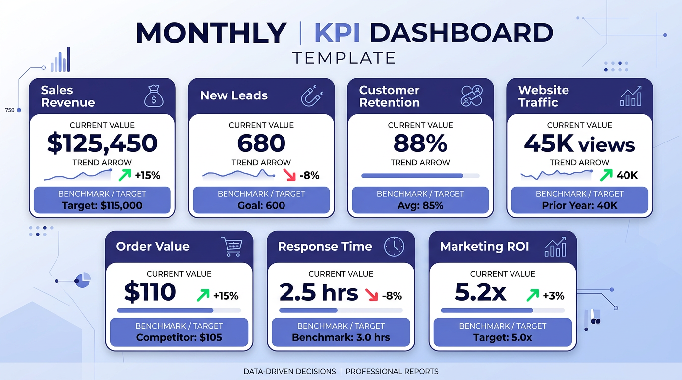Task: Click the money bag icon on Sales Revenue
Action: tap(154, 96)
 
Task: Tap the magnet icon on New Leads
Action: tap(312, 96)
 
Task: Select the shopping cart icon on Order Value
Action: tap(231, 246)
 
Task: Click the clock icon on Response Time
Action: tap(394, 246)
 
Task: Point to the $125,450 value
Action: tap(102, 143)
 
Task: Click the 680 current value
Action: tap(261, 143)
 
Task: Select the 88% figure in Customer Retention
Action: tap(420, 143)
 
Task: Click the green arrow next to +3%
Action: tap(532, 296)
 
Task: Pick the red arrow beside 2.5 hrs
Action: tap(371, 295)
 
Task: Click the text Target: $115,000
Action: tap(102, 205)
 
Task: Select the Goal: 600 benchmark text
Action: tap(261, 205)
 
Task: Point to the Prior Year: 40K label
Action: tap(579, 205)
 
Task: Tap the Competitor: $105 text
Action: tap(179, 338)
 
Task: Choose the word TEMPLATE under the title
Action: tap(344, 58)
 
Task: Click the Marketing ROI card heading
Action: tap(484, 246)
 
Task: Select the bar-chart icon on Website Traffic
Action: tap(630, 96)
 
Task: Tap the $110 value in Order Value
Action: tap(150, 292)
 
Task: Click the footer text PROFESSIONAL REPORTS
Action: tap(392, 371)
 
